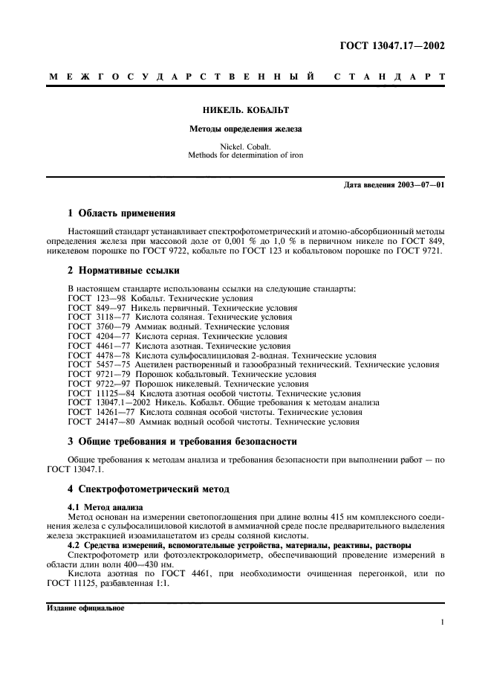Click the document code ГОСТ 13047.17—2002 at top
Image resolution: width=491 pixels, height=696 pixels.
click(x=391, y=46)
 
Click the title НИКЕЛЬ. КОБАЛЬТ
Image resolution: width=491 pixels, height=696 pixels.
click(x=245, y=110)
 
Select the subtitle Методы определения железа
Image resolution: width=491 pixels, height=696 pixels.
click(x=245, y=129)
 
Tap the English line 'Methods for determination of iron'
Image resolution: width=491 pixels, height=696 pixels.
click(x=245, y=155)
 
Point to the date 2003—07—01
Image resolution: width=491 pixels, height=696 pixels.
click(x=418, y=184)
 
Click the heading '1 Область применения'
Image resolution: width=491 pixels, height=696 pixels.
click(x=121, y=213)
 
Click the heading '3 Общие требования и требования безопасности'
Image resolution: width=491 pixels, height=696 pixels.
click(x=182, y=441)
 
